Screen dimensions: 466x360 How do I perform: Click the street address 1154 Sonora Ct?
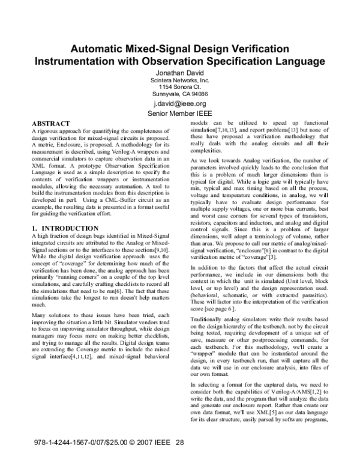click(x=179, y=86)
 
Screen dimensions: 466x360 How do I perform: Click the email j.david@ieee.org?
click(x=180, y=103)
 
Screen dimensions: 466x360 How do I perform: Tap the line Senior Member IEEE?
click(x=180, y=113)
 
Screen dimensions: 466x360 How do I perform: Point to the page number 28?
click(x=179, y=443)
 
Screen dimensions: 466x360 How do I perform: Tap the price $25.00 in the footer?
click(x=104, y=443)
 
